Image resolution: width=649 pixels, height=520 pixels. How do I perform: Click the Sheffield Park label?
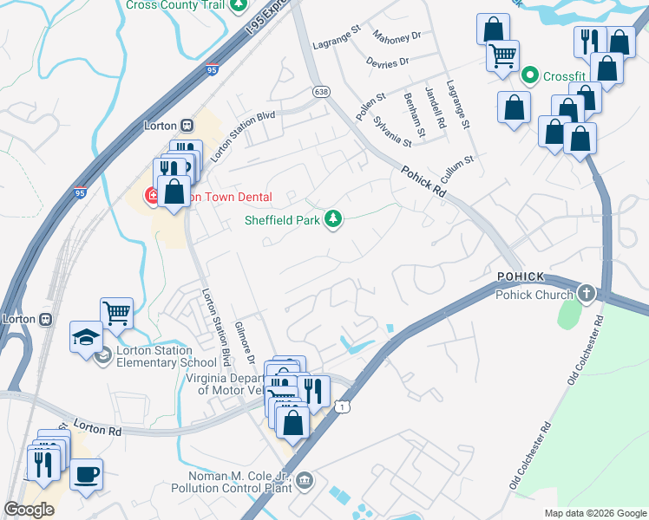[283, 219]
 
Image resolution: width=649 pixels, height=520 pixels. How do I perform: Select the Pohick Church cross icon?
[587, 294]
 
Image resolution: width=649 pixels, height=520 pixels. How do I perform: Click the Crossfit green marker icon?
[530, 76]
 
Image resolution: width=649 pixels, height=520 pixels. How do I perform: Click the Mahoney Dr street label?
[397, 36]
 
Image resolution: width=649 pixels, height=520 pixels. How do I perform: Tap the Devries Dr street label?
[387, 62]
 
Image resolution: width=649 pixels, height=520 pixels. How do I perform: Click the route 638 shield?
[322, 90]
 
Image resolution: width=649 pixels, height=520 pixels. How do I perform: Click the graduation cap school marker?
[86, 336]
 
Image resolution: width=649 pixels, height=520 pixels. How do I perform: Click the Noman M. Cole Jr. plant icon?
[304, 480]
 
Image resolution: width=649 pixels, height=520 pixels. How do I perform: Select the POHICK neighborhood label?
[521, 276]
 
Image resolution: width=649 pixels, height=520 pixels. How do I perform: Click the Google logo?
[29, 510]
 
